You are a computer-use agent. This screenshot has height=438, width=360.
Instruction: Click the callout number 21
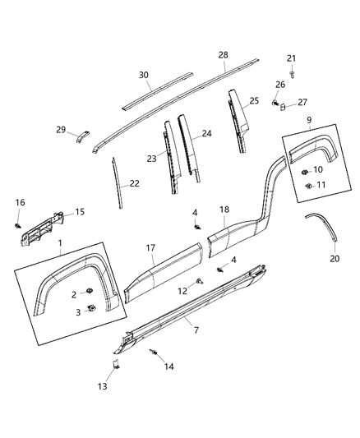(291, 58)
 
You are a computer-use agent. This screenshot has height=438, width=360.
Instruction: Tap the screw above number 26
(291, 71)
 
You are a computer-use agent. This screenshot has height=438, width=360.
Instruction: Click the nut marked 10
(305, 170)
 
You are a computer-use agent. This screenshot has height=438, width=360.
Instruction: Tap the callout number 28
(222, 55)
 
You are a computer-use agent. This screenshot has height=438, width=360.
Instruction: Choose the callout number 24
(207, 133)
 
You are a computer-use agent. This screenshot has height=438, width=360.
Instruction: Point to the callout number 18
(224, 210)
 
